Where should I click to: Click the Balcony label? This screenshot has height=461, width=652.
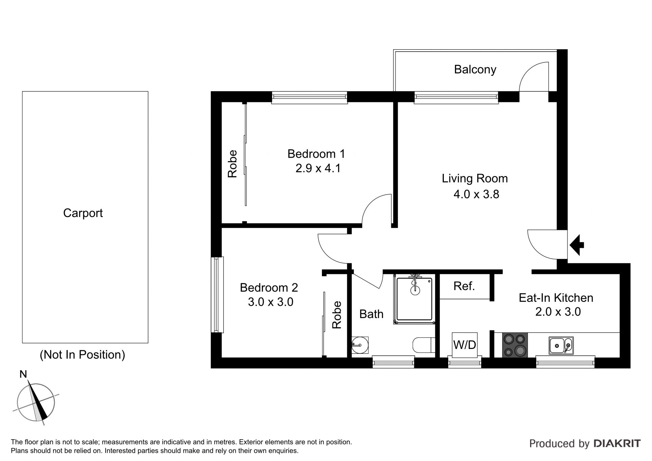(475, 70)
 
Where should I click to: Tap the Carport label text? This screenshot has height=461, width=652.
(83, 213)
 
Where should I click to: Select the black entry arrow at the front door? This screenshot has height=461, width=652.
(576, 245)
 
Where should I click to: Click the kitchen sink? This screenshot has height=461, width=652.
(561, 346)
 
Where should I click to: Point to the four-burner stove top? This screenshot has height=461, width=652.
(515, 345)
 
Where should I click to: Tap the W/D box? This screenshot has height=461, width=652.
(465, 345)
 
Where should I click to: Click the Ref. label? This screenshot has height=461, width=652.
(464, 286)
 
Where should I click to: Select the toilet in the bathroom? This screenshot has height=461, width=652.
(424, 345)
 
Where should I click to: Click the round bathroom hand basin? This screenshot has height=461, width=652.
(360, 345)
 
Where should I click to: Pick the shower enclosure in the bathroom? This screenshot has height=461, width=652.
(414, 299)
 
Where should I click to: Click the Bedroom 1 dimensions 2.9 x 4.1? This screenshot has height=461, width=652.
(318, 169)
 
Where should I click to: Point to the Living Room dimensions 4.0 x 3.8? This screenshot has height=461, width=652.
(476, 194)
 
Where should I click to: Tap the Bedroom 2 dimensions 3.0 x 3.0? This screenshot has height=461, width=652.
(271, 302)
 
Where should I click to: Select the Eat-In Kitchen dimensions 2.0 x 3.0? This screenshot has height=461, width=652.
(558, 312)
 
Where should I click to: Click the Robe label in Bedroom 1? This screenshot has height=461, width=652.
(232, 164)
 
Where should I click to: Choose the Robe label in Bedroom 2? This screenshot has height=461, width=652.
(337, 315)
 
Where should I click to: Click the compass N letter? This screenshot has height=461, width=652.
(23, 374)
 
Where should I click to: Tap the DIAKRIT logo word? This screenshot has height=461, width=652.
(617, 443)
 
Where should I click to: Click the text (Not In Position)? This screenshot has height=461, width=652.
(83, 355)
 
